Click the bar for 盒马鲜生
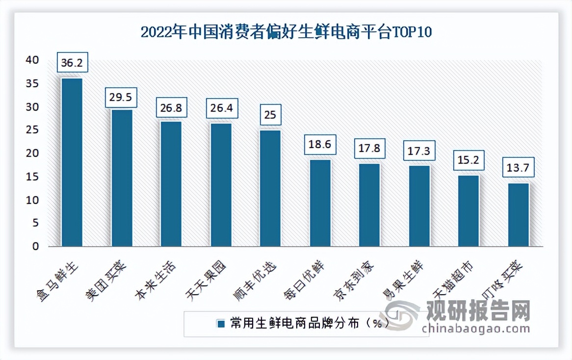click(x=72, y=162)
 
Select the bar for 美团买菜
click(x=122, y=178)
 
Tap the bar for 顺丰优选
click(x=270, y=188)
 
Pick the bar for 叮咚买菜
click(x=518, y=214)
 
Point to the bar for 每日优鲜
click(x=320, y=203)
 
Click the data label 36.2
click(x=72, y=63)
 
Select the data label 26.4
click(x=221, y=108)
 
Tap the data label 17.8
click(x=369, y=148)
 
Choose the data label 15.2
click(x=468, y=160)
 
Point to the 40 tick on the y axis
click(x=32, y=60)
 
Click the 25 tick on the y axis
click(x=32, y=130)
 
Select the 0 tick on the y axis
click(x=35, y=247)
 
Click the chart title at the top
click(x=286, y=32)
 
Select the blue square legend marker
click(x=221, y=324)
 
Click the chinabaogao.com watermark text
click(x=476, y=328)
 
